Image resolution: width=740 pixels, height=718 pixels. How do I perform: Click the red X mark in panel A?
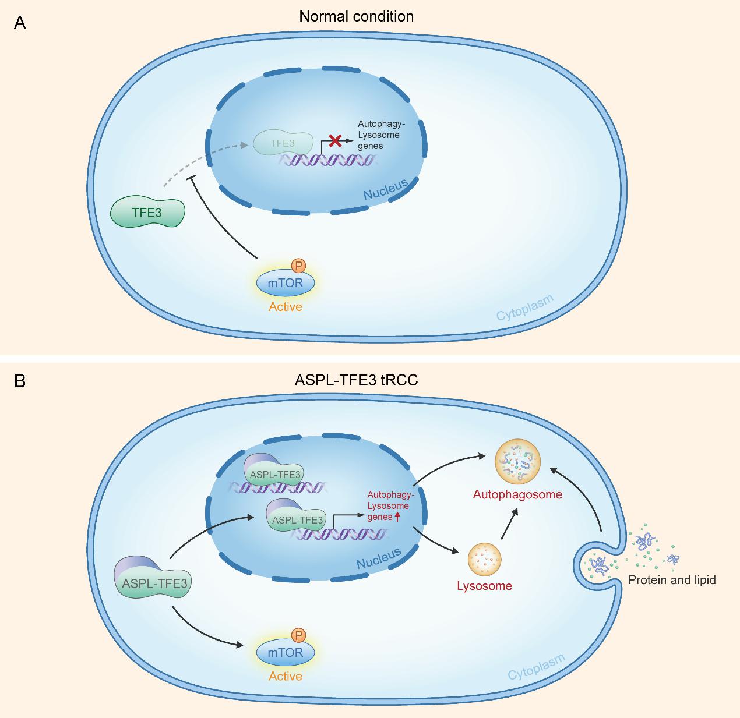pos(335,140)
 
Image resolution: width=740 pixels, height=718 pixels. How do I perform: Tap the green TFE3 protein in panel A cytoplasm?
pos(147,212)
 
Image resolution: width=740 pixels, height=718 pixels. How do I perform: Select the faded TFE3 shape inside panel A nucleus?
pos(283,143)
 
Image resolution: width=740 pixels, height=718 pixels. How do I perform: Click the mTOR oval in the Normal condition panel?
pos(286,284)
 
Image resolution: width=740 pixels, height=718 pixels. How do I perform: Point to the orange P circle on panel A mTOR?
pos(298,266)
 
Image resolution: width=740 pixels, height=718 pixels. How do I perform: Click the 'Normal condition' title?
pos(357,16)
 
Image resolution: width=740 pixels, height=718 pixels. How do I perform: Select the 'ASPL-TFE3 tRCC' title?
pos(356,380)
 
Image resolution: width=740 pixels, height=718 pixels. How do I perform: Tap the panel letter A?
pos(20,24)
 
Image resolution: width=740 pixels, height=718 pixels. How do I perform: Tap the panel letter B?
pos(20,381)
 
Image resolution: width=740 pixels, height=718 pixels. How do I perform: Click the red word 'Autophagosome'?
pos(517,494)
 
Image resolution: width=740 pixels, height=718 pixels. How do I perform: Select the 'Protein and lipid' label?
pos(672,580)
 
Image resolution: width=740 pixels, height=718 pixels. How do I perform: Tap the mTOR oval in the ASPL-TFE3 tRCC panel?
pos(286,653)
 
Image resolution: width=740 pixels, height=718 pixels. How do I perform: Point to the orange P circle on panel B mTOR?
pos(298,635)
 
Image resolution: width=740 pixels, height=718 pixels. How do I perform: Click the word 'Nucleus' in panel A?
pos(385,189)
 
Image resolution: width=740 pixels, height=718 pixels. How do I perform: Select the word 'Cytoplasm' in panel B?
pos(536,667)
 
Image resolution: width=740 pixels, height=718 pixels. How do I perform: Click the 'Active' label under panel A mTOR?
pos(286,306)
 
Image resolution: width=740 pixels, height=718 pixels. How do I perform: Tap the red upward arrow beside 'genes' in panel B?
pos(398,517)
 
